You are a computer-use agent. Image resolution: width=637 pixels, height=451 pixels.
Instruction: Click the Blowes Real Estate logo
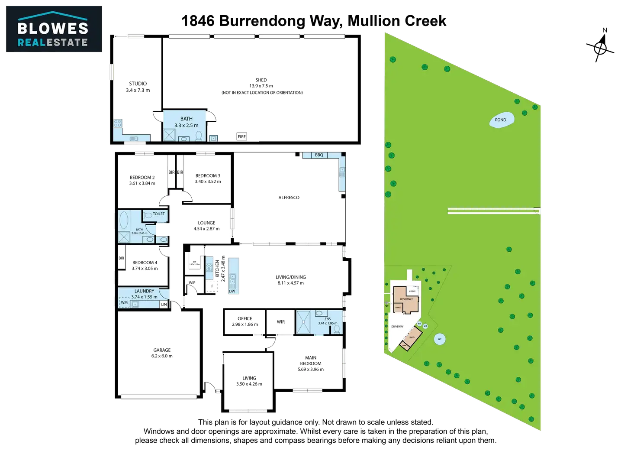[53, 29]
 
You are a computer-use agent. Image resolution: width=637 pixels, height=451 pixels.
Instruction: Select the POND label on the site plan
[501, 120]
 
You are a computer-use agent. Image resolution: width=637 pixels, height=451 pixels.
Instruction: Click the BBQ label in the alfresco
[319, 155]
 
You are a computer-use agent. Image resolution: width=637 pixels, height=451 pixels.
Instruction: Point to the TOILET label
[159, 214]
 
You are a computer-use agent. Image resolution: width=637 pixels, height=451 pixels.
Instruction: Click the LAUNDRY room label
[144, 291]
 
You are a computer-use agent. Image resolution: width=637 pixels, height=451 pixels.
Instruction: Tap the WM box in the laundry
[125, 302]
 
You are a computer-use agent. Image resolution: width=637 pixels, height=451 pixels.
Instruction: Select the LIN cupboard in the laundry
[164, 305]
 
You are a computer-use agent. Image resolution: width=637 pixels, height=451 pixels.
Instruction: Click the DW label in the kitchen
[232, 291]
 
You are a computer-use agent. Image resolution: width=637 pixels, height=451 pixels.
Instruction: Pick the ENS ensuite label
[328, 319]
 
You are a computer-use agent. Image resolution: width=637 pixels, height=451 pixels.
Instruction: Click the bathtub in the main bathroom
[124, 221]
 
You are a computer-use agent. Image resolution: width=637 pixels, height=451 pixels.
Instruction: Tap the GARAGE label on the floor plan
[162, 350]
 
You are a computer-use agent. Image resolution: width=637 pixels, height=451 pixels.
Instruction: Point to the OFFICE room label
[245, 318]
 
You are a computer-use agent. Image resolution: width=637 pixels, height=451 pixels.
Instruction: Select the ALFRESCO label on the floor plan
[289, 198]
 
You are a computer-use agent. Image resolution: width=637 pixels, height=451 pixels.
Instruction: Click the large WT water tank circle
[440, 340]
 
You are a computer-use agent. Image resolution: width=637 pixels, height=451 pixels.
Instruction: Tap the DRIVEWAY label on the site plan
[397, 327]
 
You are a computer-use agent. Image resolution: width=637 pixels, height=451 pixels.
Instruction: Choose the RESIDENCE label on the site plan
[406, 299]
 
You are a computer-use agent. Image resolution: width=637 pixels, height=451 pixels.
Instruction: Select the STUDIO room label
[138, 83]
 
